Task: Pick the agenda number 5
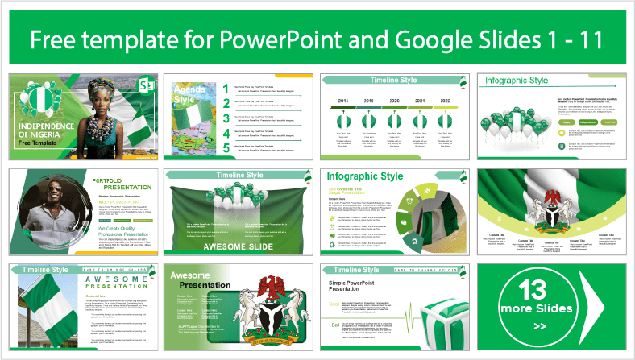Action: [226, 147]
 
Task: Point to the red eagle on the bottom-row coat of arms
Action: [268, 286]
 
